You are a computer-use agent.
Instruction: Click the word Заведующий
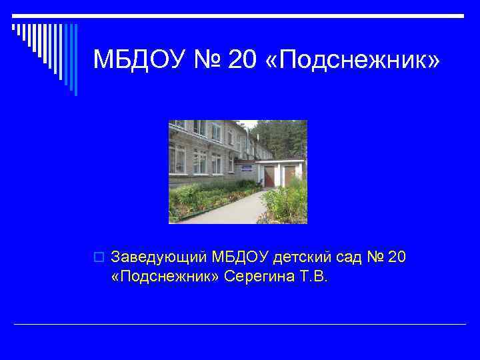(x=159, y=257)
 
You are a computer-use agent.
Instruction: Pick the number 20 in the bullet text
(x=395, y=257)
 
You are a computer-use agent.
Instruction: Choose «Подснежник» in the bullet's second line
(x=165, y=276)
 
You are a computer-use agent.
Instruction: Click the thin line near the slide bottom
(x=240, y=325)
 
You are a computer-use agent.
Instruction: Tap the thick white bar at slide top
(x=240, y=15)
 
